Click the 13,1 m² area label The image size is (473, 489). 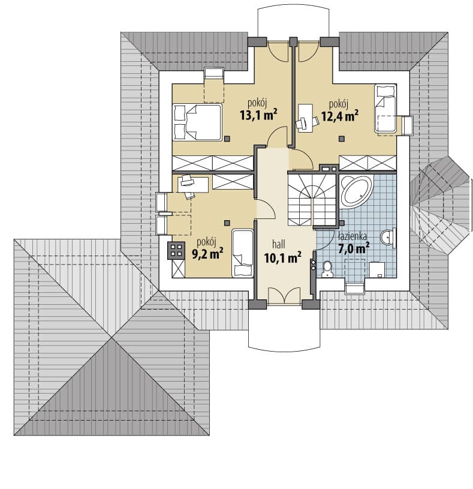pos(258,115)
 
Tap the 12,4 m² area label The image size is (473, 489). pos(340,116)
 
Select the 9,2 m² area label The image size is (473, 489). pos(207,254)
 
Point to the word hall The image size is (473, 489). pos(279,244)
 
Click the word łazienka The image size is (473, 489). pos(353,236)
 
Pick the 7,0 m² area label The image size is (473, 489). pos(354,248)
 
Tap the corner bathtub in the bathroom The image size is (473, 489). pos(357,191)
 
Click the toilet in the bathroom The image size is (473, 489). pos(327,269)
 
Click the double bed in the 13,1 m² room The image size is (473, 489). pos(197,122)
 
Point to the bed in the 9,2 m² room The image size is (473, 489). pos(242,253)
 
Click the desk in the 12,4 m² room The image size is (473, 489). pos(306,117)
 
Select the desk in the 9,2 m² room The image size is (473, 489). pos(193,185)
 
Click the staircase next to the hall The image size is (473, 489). pos(312,200)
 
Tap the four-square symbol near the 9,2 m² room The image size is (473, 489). pos(176,250)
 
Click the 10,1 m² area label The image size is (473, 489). pos(282,257)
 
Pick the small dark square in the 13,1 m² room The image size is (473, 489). pos(227,138)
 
